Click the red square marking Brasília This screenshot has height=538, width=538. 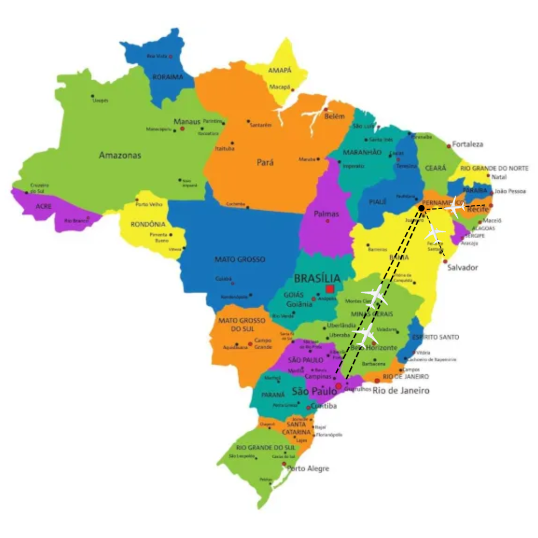(329, 289)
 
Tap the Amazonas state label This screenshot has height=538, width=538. (120, 155)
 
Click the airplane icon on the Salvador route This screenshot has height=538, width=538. (435, 233)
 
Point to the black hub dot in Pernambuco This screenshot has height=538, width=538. (421, 208)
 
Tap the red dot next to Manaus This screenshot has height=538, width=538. (182, 129)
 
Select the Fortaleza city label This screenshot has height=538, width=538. (468, 144)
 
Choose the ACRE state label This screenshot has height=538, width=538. (43, 206)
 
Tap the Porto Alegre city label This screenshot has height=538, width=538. (307, 469)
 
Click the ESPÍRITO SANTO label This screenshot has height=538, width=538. (435, 337)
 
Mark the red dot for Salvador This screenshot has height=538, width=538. (445, 261)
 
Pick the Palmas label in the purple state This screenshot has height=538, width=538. (326, 214)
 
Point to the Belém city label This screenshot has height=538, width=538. (334, 116)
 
